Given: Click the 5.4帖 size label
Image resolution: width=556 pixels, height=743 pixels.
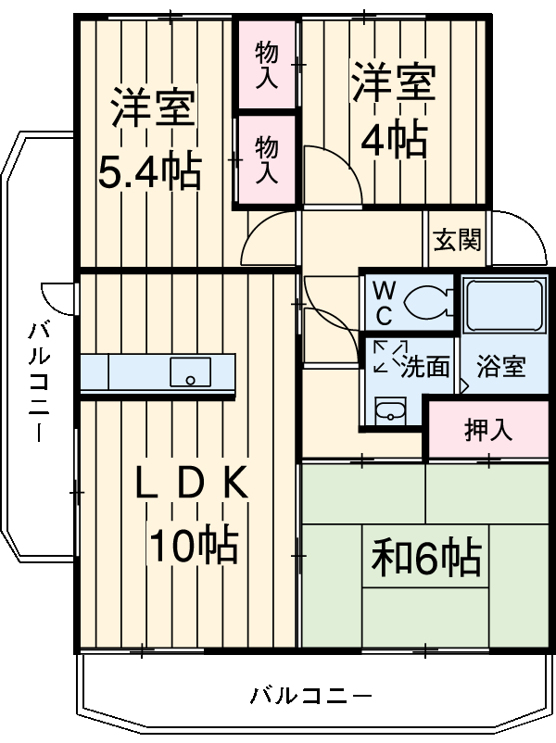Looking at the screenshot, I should coord(150,171).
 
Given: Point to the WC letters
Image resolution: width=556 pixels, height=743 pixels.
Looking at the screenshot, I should coord(382,302).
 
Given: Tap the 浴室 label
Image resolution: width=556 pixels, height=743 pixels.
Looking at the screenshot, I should coord(500,367).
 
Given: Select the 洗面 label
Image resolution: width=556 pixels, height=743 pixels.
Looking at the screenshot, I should coord(425,367).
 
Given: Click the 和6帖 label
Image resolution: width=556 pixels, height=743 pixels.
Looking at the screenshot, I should coord(425,558).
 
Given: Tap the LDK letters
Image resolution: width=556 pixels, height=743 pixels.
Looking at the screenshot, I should coord(192,484).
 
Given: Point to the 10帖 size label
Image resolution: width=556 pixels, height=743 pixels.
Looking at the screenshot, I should coord(195,547).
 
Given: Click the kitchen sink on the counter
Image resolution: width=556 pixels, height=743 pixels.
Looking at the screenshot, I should coord(190,373).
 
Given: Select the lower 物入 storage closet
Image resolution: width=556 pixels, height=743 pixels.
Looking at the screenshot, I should coord(266,158).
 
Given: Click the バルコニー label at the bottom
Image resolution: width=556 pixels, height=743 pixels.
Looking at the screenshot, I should coord(310,695).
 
